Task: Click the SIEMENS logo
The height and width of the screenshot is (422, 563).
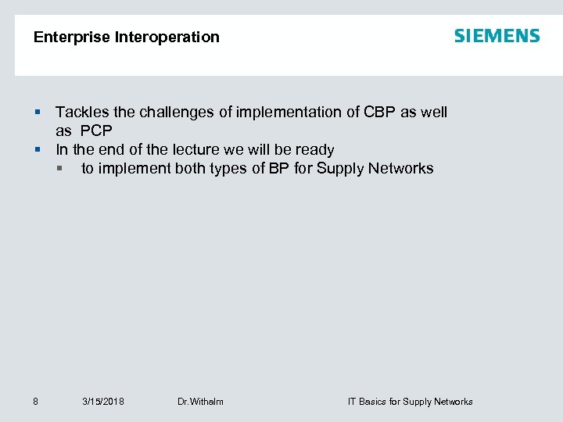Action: (x=497, y=36)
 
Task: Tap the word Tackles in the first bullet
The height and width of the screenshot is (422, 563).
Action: (x=81, y=112)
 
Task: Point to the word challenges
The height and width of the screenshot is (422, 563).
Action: (x=175, y=112)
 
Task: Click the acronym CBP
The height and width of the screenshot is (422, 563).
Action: (x=380, y=112)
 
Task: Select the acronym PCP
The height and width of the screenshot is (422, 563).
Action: (x=96, y=131)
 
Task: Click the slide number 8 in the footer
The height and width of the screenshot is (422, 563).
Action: (x=36, y=402)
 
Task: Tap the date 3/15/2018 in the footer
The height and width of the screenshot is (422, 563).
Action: (x=103, y=402)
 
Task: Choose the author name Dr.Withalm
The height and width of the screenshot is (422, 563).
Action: (x=200, y=402)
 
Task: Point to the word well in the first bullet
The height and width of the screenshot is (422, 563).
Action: (x=434, y=112)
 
